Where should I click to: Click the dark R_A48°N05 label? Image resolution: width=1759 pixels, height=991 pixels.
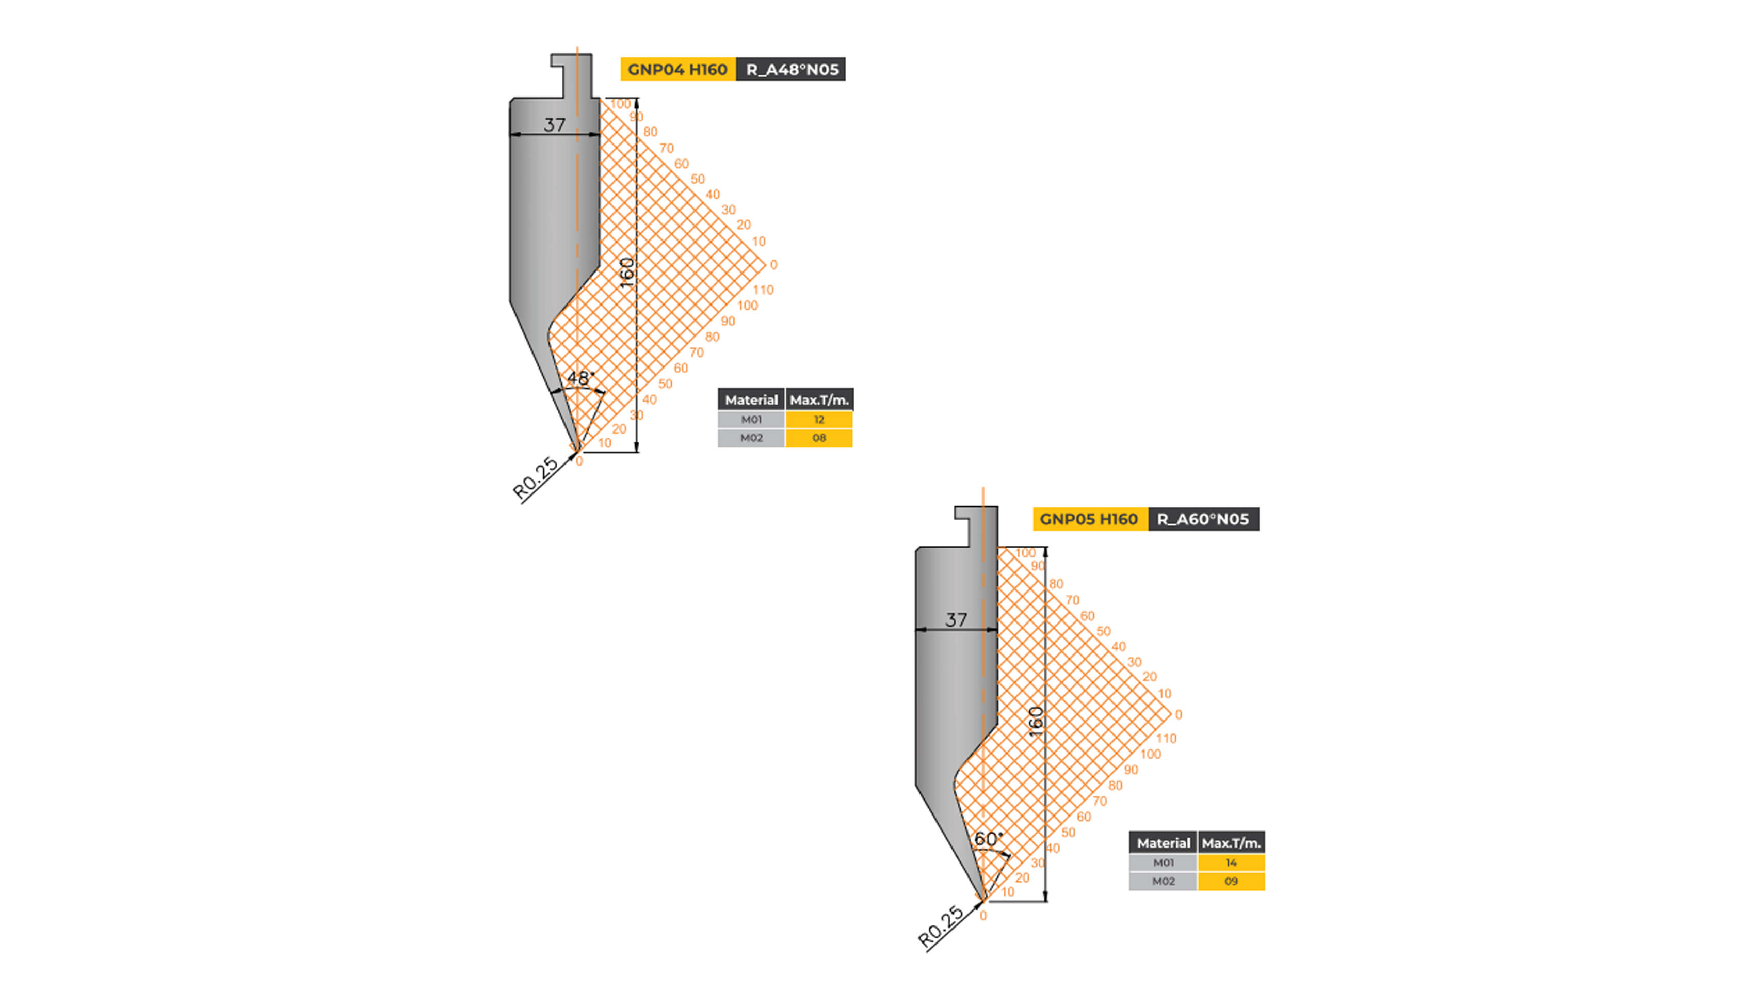(790, 70)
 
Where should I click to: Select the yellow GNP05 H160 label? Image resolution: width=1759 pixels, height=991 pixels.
(1089, 519)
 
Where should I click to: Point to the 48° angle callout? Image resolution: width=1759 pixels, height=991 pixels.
(580, 378)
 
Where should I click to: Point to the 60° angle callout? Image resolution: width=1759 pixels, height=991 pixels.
(988, 838)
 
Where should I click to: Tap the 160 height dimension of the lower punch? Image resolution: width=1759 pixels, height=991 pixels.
(1036, 721)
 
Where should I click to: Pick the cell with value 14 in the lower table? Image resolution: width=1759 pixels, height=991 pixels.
(1231, 862)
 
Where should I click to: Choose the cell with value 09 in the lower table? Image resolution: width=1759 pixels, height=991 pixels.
(1231, 881)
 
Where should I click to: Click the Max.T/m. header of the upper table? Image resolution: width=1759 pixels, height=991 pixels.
(819, 399)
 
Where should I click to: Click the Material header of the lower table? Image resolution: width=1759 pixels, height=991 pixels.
(1163, 843)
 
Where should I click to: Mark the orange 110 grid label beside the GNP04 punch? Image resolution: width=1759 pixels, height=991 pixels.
(763, 290)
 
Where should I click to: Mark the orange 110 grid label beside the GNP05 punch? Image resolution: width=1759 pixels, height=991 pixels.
(1166, 738)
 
